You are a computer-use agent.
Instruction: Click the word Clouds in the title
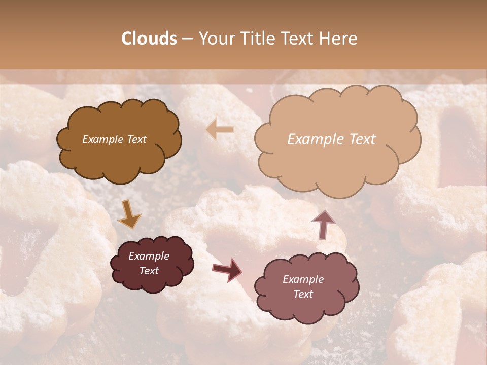(149, 39)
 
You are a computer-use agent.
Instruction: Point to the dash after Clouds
(186, 39)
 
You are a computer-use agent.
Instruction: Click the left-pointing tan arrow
(220, 130)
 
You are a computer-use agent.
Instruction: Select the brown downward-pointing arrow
(129, 214)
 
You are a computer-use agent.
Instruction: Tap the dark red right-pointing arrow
(227, 270)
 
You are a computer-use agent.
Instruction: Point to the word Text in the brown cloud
(135, 139)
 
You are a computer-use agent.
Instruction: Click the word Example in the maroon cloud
(149, 256)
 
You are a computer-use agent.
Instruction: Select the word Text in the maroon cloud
(149, 271)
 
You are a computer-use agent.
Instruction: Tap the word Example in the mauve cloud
(303, 279)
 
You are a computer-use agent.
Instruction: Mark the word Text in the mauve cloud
(303, 294)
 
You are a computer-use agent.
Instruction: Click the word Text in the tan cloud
(362, 139)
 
